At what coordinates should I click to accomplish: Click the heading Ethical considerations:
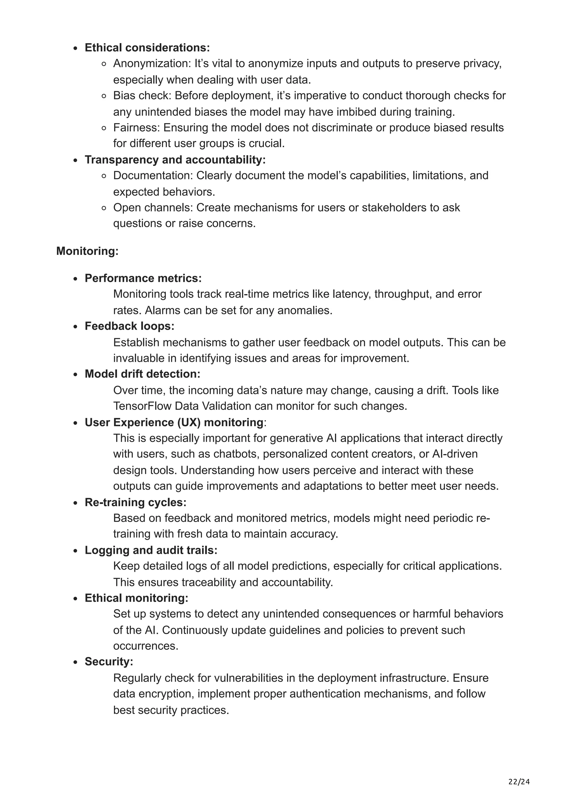[x=147, y=48]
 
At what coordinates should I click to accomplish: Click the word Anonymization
[x=151, y=64]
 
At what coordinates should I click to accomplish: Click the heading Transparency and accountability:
[x=175, y=160]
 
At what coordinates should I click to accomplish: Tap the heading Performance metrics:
[x=143, y=278]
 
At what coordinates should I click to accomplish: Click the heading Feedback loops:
[x=129, y=326]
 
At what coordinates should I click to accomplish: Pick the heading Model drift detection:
[x=142, y=374]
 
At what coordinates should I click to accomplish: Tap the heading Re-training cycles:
[x=135, y=502]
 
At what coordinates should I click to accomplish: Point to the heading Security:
[x=109, y=661]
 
